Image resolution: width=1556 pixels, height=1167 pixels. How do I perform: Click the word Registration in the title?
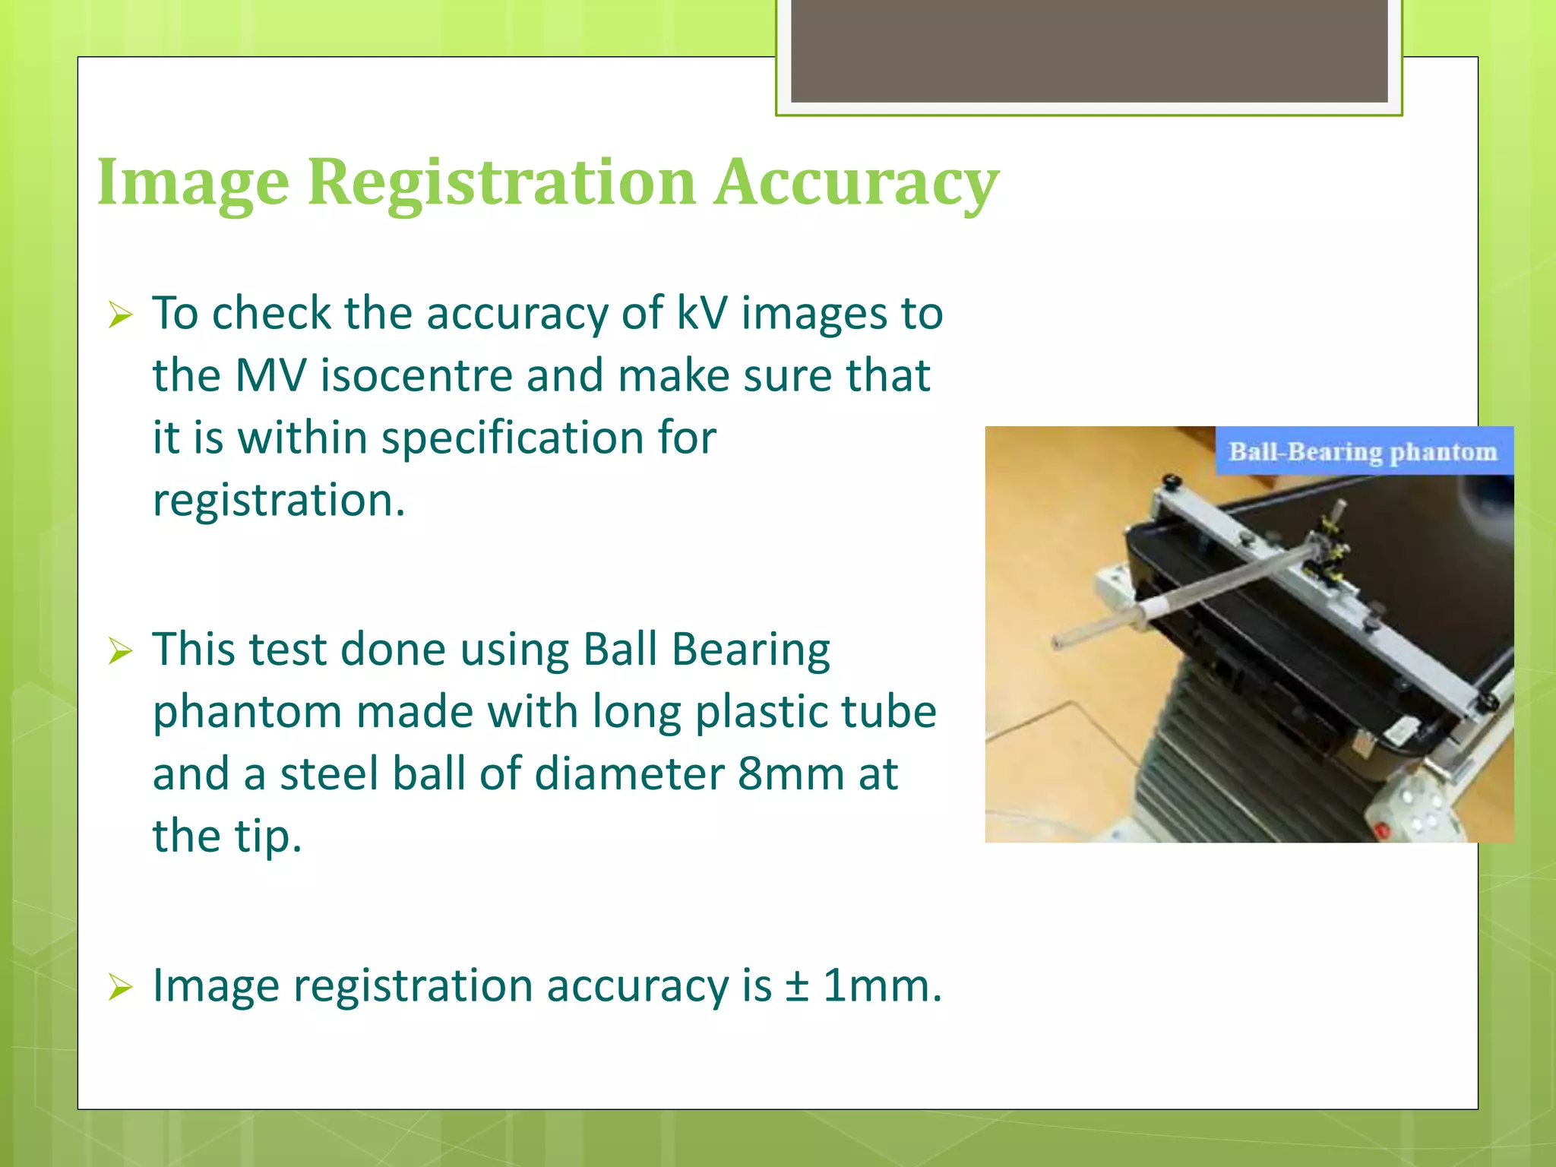(501, 182)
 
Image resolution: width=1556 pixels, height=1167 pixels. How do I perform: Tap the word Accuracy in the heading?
(855, 182)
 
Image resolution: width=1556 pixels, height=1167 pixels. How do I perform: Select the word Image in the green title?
(193, 182)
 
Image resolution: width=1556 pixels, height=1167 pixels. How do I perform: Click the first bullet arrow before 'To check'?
(120, 315)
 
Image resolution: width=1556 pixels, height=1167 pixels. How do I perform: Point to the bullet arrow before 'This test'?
(120, 651)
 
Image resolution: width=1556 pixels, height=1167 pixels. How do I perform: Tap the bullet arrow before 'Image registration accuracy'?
(120, 987)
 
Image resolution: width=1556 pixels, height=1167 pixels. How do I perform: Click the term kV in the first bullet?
(701, 313)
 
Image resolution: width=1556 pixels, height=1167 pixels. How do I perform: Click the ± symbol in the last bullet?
(797, 986)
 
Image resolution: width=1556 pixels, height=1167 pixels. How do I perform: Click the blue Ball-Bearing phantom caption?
(1363, 452)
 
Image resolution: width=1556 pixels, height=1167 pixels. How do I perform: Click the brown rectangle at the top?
(1089, 50)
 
